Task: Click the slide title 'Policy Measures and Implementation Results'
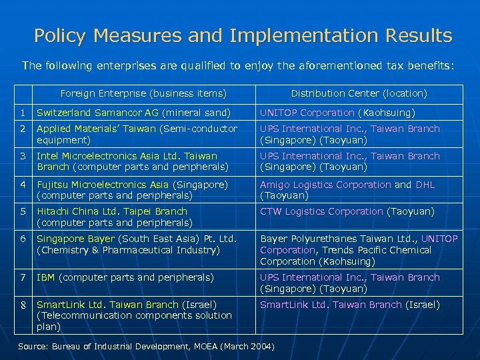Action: point(243,35)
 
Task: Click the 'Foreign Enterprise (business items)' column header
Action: point(143,93)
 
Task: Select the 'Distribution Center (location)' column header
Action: point(359,93)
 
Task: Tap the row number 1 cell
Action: point(22,113)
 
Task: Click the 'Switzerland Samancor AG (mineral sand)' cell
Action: point(133,113)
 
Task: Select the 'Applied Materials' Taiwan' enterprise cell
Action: point(137,134)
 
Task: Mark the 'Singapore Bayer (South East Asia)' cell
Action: point(136,244)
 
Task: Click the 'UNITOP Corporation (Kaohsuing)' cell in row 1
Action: point(337,113)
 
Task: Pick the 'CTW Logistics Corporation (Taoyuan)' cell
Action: point(347,211)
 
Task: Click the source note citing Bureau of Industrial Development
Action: point(145,347)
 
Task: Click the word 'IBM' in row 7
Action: point(46,277)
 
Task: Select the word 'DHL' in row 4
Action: point(424,185)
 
